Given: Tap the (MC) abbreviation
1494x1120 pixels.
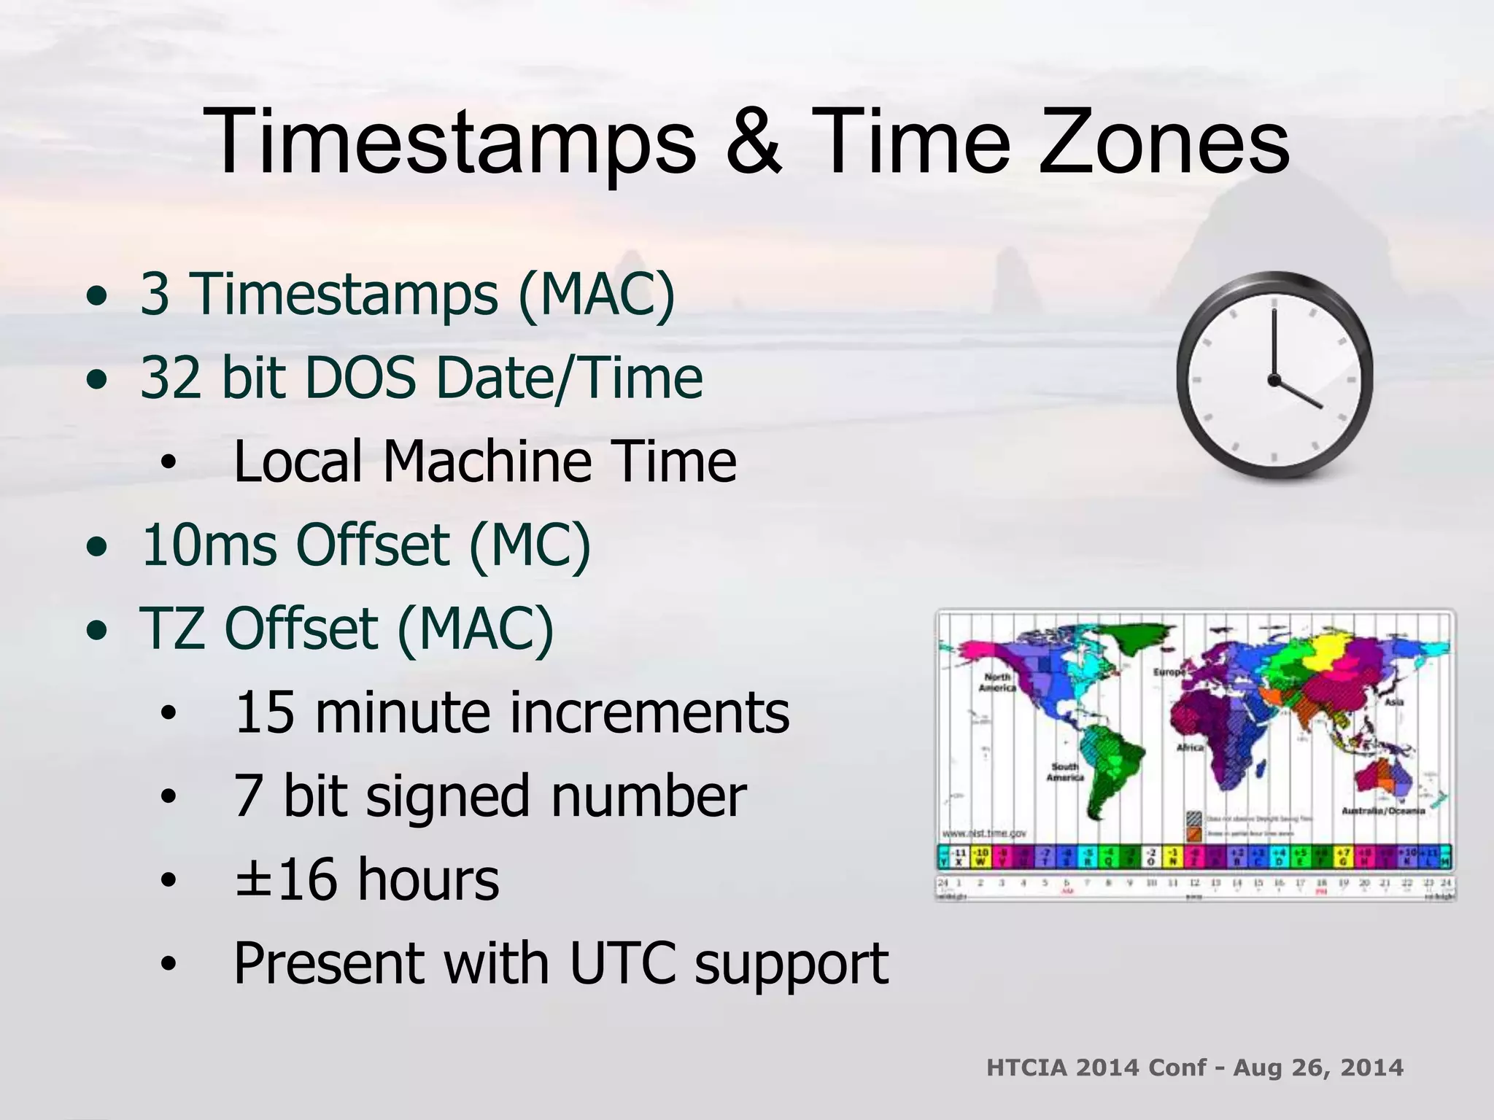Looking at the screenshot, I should point(529,545).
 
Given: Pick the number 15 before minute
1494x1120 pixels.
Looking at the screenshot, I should point(264,712).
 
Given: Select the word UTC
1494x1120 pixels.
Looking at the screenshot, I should point(622,963).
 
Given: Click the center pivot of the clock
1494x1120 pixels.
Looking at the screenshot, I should point(1274,380).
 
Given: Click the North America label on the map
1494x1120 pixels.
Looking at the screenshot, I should point(997,682).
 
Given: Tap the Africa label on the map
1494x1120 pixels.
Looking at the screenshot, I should point(1190,747).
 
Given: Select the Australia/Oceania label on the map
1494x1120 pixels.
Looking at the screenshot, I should point(1383,811).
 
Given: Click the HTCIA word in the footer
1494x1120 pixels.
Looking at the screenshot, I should point(1026,1067).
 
